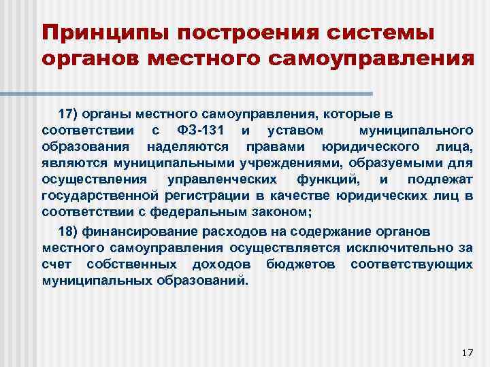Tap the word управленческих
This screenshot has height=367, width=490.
[x=222, y=179]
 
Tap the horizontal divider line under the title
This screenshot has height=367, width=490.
[x=204, y=93]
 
